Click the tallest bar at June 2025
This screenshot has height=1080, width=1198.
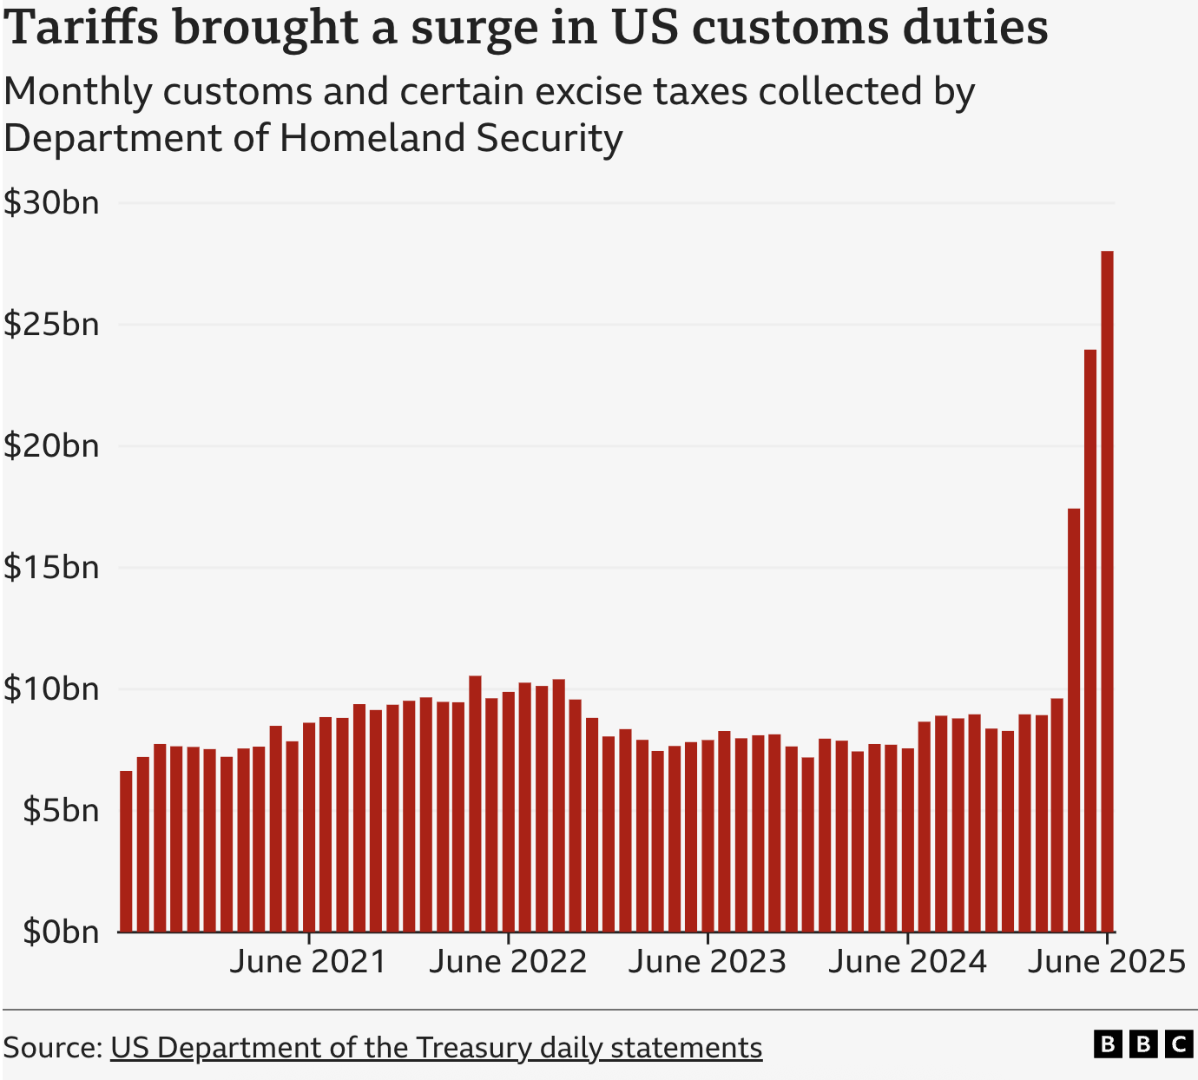1107,590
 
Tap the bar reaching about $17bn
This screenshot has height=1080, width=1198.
1074,721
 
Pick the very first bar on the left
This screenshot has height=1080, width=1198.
126,851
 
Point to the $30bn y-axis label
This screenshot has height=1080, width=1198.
51,203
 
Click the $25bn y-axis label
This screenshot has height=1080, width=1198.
51,325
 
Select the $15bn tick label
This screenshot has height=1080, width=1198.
51,568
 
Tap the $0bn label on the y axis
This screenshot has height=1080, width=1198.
61,932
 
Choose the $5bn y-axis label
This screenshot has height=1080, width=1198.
61,811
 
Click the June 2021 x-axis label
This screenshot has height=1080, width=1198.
308,962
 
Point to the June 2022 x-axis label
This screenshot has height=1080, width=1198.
508,962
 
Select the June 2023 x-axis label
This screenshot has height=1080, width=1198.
708,962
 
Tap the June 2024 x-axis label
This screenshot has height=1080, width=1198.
907,962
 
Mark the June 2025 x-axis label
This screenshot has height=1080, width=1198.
1106,962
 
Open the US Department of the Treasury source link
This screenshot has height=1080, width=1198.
436,1048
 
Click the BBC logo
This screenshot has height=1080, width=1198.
1142,1044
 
